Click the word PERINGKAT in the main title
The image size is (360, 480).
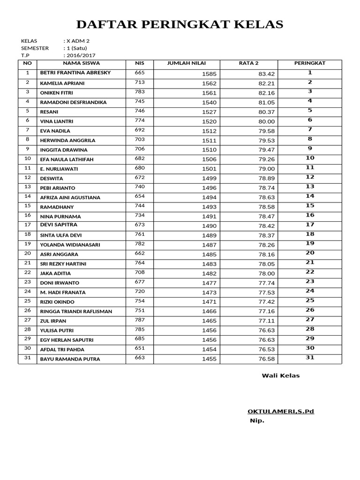point(177,24)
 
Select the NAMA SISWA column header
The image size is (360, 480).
point(81,63)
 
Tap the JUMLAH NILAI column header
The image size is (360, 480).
point(187,63)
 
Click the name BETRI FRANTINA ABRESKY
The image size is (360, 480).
point(75,74)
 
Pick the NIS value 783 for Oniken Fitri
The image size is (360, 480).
point(140,92)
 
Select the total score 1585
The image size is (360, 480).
point(209,74)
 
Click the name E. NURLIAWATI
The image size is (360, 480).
point(59,169)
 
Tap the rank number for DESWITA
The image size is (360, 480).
point(310,177)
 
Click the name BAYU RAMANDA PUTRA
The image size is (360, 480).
point(70,360)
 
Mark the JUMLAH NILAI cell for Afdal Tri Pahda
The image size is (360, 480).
point(209,350)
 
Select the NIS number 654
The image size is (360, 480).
point(140,196)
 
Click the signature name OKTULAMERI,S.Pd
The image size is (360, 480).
point(281,412)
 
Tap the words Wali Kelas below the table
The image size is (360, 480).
point(280,375)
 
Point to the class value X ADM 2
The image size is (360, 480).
point(78,41)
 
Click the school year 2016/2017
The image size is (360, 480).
point(80,55)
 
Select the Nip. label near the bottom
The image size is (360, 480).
point(257,420)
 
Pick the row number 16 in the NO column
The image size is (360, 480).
point(27,215)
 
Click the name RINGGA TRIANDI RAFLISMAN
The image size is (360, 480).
point(76,312)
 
